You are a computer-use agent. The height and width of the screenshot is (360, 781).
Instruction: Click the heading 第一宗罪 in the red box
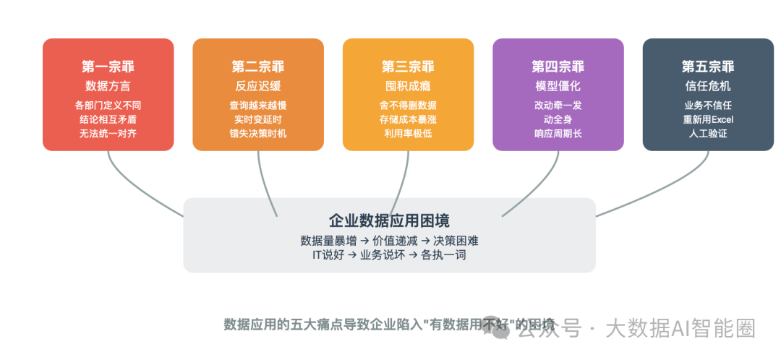[x=108, y=67]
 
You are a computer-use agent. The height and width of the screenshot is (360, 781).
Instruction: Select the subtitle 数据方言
[x=108, y=86]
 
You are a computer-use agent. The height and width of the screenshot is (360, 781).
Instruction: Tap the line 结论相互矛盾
[x=108, y=119]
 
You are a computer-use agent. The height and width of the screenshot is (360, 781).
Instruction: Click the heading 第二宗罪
[x=258, y=67]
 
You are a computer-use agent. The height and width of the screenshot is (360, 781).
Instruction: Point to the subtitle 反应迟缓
[x=258, y=86]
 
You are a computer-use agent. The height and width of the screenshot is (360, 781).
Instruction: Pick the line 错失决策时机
[x=258, y=134]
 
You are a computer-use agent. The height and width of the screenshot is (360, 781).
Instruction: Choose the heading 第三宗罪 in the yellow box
[x=408, y=67]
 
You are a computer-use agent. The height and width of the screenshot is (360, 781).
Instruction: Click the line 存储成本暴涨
[x=408, y=119]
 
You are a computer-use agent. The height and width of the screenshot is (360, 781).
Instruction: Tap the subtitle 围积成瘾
[x=408, y=86]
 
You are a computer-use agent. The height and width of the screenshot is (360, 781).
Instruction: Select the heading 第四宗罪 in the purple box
[x=558, y=67]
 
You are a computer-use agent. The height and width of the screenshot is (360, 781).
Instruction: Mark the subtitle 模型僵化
[x=558, y=86]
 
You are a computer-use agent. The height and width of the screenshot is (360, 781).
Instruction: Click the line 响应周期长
[x=558, y=134]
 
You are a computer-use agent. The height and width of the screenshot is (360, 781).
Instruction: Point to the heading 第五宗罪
[x=708, y=67]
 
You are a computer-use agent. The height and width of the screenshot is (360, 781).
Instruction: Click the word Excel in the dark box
[x=721, y=119]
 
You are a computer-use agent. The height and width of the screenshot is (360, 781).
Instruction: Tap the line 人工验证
[x=708, y=134]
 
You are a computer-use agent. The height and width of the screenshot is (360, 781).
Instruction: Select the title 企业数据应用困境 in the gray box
[x=390, y=221]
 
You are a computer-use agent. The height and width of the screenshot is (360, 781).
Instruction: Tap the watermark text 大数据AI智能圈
[x=680, y=329]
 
